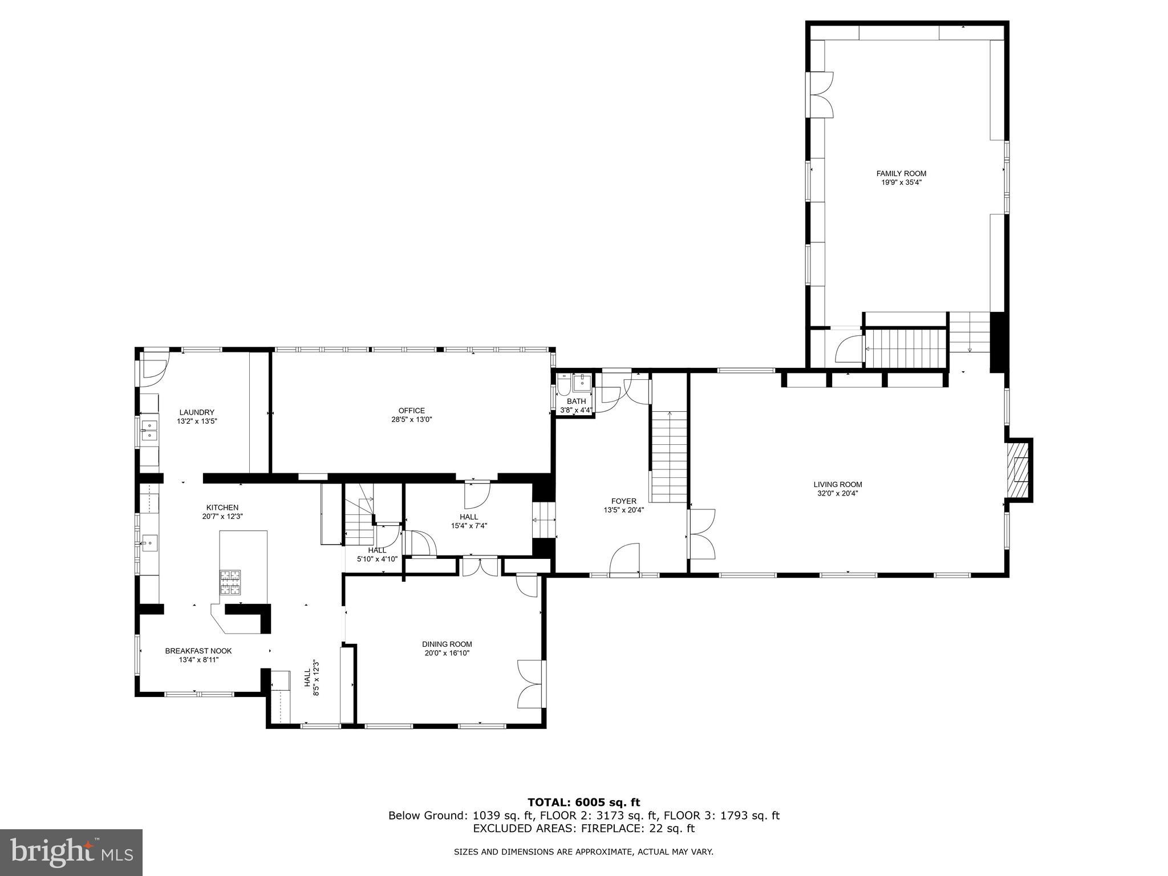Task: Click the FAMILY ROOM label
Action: [901, 173]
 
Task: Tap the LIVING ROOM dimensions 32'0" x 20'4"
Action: [837, 494]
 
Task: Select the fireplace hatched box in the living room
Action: [1017, 469]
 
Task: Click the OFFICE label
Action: [411, 411]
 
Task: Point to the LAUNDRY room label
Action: [197, 412]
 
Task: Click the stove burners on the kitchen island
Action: [230, 583]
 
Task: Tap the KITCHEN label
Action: [222, 508]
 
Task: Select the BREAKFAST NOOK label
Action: [198, 651]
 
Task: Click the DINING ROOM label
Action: [447, 644]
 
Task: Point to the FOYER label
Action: [623, 501]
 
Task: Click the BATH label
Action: [576, 401]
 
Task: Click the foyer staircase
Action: [669, 456]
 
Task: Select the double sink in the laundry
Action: [149, 429]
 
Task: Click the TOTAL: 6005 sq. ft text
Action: [583, 802]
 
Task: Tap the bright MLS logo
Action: [71, 852]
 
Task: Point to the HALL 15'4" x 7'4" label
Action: [469, 521]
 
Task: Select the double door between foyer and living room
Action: [701, 534]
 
